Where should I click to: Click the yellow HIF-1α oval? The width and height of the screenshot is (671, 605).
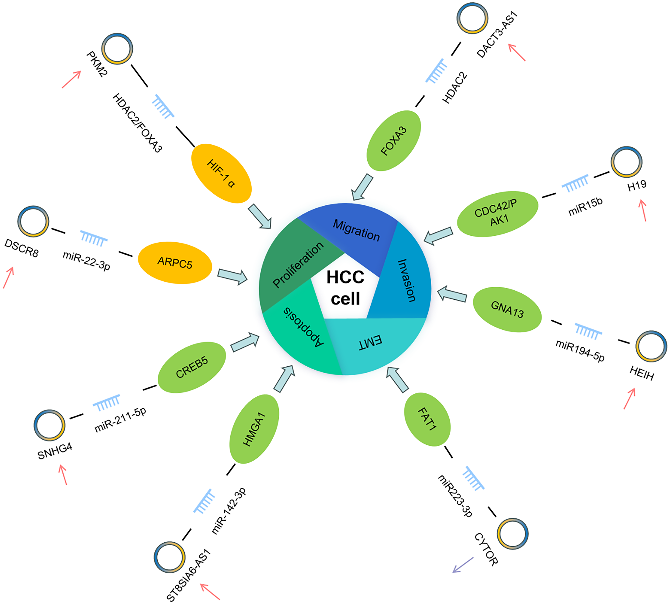click(221, 173)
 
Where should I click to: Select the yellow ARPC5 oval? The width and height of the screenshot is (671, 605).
click(175, 263)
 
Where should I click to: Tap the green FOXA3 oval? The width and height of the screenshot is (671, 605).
click(394, 141)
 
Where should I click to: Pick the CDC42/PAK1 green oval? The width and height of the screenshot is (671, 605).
click(497, 214)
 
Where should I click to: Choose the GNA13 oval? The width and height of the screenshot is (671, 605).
click(507, 310)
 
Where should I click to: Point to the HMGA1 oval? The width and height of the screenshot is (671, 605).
click(254, 428)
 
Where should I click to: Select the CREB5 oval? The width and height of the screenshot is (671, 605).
click(192, 367)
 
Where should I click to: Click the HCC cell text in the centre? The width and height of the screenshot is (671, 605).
click(345, 288)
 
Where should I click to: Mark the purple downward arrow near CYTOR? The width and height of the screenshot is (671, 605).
click(463, 565)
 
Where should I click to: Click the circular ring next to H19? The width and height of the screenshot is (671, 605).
click(627, 162)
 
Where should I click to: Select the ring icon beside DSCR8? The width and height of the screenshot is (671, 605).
click(33, 221)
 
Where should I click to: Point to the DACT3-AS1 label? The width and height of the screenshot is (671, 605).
click(497, 35)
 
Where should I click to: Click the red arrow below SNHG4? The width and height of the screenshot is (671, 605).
click(63, 475)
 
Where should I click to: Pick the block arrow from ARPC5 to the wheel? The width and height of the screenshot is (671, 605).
click(232, 277)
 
